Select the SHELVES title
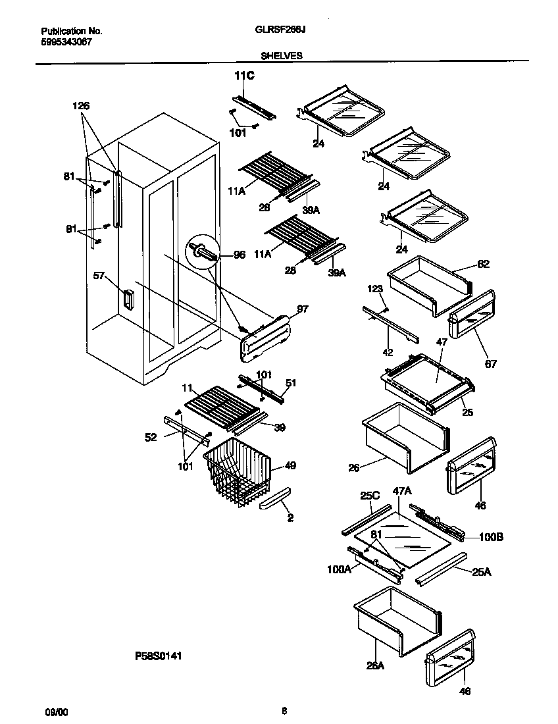pos(281,56)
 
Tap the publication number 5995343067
pos(66,41)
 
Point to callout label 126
pos(81,106)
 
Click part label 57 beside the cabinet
pos(99,276)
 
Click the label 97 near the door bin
pos(302,309)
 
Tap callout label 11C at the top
pos(244,77)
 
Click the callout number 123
pos(375,288)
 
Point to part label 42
pos(388,352)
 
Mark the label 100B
pos(490,536)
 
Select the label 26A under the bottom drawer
pos(375,665)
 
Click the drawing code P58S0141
pos(158,656)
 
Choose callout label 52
pos(151,437)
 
